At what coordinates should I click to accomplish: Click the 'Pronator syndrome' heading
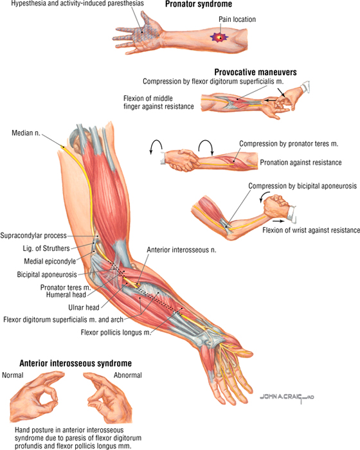coord(199,4)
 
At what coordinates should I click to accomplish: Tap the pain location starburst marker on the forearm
coord(220,37)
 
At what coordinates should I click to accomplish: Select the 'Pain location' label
coord(237,19)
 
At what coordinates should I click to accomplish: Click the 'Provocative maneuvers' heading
coord(255,72)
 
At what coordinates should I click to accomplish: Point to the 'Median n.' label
coord(26,133)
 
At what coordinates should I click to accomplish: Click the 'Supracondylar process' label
coord(33,236)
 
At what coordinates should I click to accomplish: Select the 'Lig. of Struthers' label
coord(46,249)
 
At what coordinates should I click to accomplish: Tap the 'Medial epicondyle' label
coord(50,262)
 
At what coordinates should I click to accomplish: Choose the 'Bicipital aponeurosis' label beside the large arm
coord(47,274)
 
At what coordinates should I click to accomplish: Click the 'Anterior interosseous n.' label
coord(181,250)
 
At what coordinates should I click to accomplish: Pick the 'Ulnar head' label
coord(84,308)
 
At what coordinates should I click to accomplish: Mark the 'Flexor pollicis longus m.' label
coord(116,332)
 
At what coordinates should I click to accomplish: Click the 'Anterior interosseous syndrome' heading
coord(75,363)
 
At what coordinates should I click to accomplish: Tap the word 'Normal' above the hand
coord(13,375)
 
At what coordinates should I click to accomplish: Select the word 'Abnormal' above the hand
coord(128,375)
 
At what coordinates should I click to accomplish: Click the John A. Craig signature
coord(287,397)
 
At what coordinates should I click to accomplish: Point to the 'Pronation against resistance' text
coord(301,163)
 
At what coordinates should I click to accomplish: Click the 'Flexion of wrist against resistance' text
coord(311,230)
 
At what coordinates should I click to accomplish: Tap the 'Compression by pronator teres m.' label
coord(289,144)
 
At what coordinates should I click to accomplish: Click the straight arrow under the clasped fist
coord(279,221)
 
